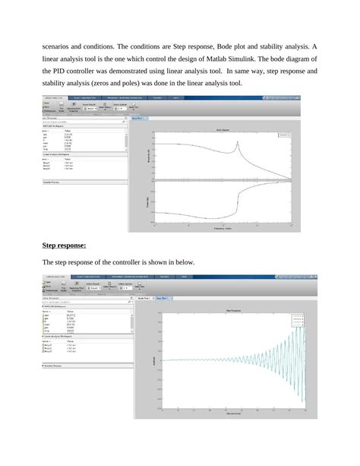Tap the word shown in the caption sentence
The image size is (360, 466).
click(x=161, y=262)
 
